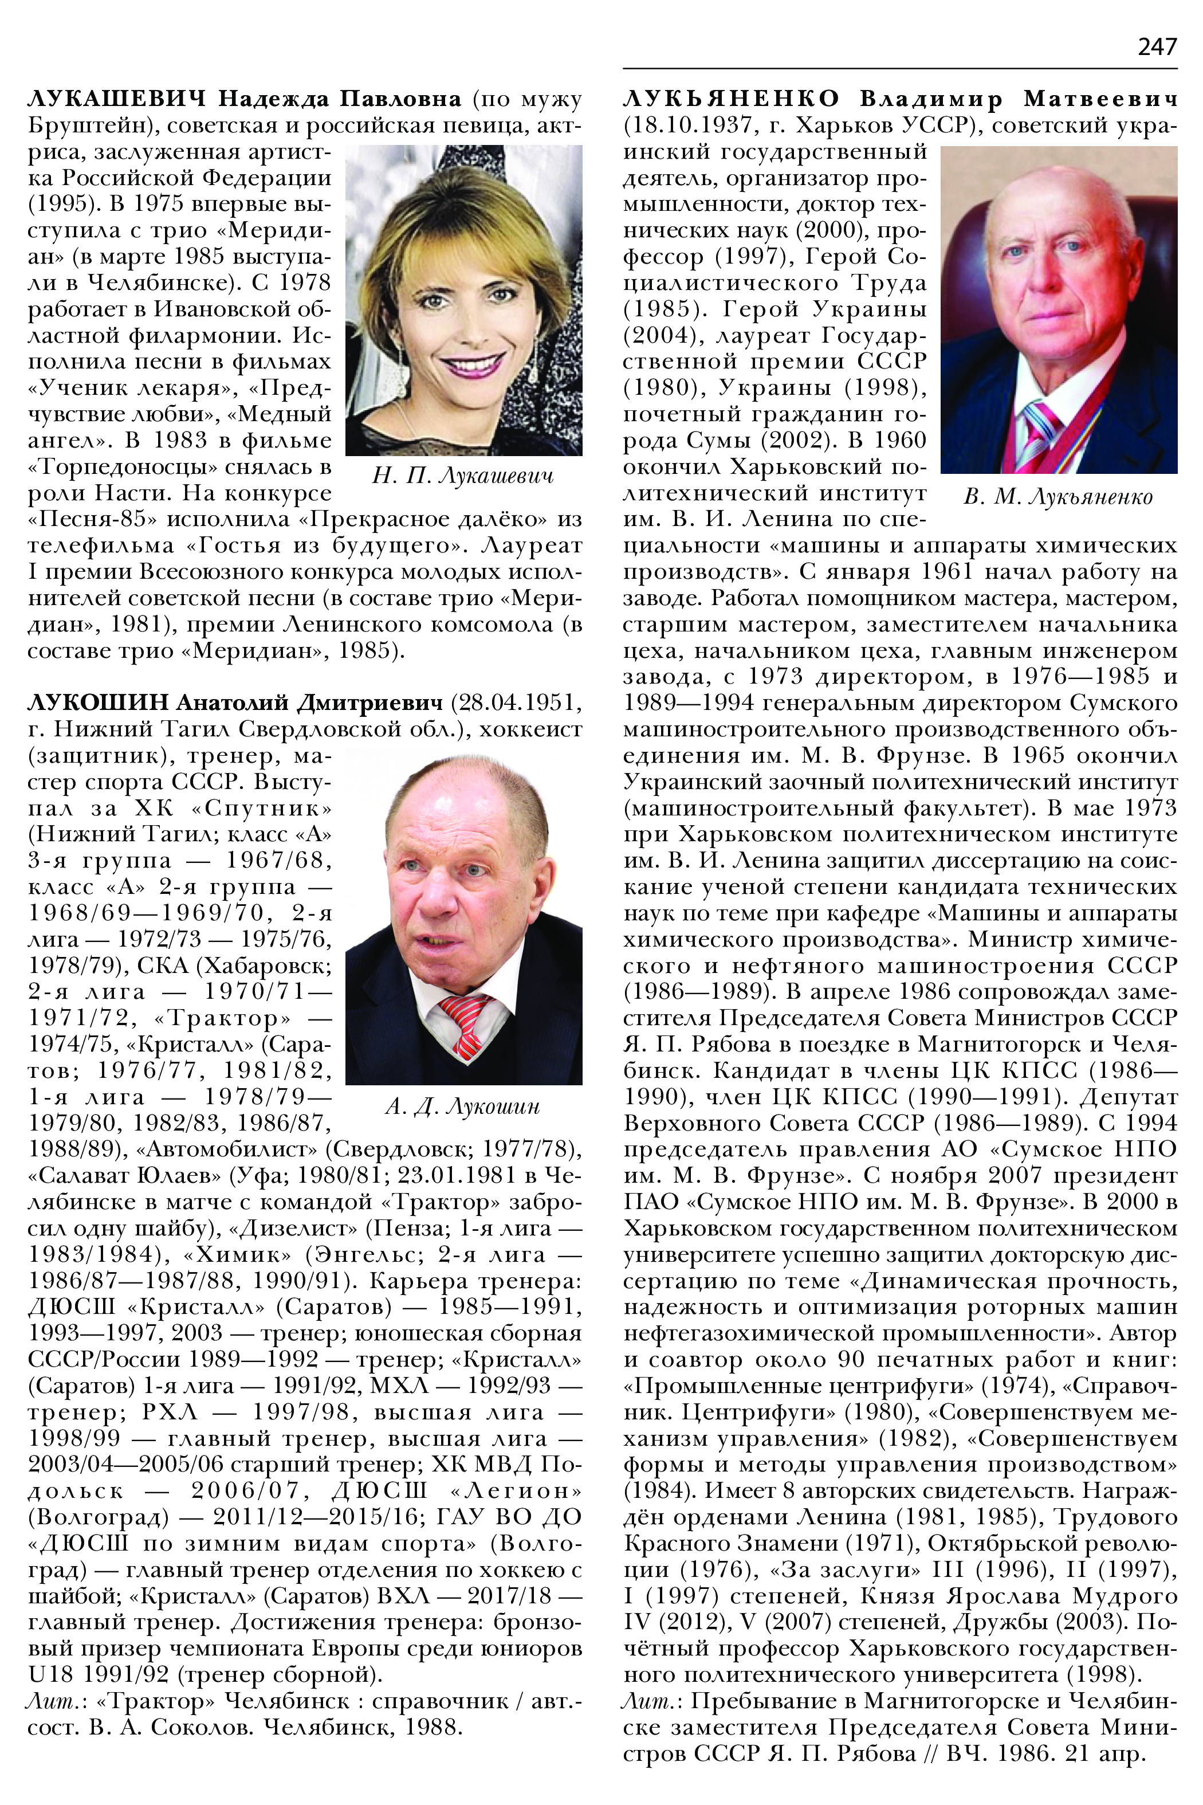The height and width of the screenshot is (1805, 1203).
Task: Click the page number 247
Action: (x=1157, y=48)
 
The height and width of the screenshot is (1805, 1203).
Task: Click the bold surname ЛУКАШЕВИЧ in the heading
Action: (x=117, y=99)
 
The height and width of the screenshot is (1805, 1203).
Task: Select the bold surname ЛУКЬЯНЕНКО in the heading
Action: (x=731, y=99)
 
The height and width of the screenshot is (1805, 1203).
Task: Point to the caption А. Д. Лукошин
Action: (x=463, y=1106)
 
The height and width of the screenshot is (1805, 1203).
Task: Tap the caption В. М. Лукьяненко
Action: (x=1058, y=497)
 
